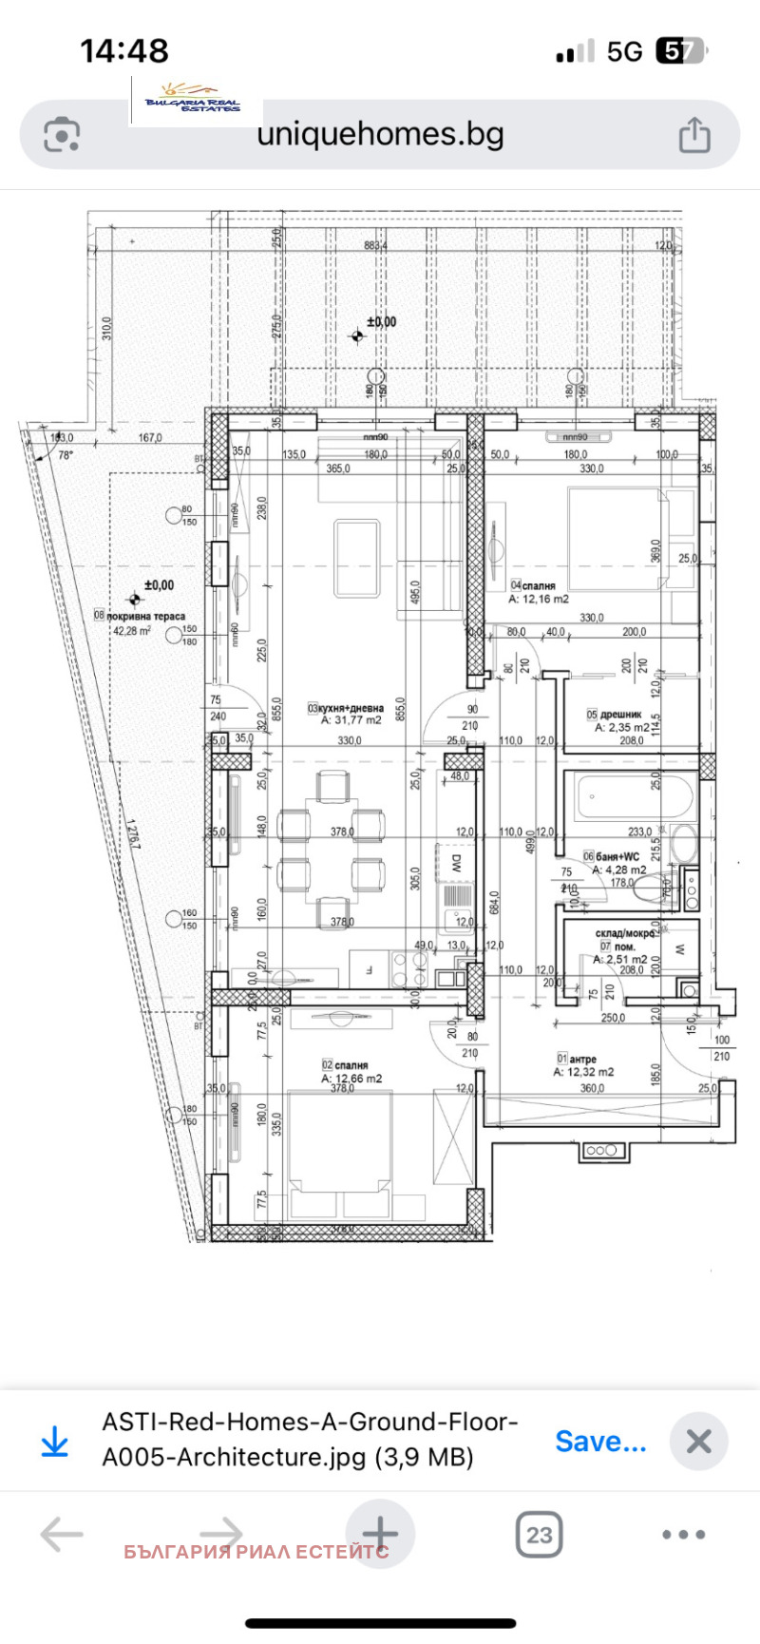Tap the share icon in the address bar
coord(694,135)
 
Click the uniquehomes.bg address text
coord(380,134)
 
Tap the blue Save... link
coord(600,1442)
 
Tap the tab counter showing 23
coord(539,1535)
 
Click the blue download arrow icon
coord(55,1443)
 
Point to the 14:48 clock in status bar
coord(124,50)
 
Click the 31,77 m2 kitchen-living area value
coord(351,720)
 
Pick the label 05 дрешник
coord(615,715)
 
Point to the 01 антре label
coord(577,1059)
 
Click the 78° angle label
coord(66,455)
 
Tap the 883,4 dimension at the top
coord(375,246)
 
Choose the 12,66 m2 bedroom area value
coord(351,1079)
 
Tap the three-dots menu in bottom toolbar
coord(684,1535)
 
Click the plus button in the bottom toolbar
coord(380,1534)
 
